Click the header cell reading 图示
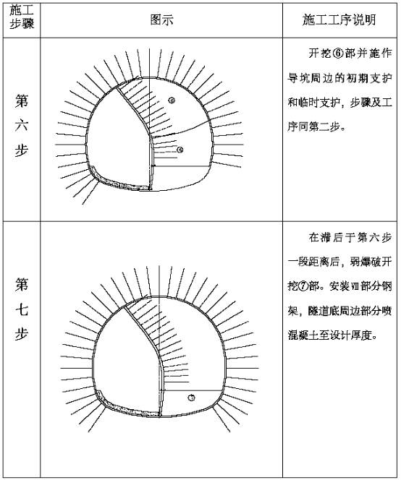point(161,20)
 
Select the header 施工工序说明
point(339,20)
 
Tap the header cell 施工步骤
point(21,17)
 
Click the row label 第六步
point(22,126)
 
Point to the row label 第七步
point(22,309)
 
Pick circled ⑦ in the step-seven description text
point(303,287)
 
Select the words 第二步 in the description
point(324,127)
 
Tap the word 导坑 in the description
point(298,78)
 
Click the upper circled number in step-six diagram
point(172,100)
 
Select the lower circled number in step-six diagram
point(180,150)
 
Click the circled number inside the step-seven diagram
point(192,398)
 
